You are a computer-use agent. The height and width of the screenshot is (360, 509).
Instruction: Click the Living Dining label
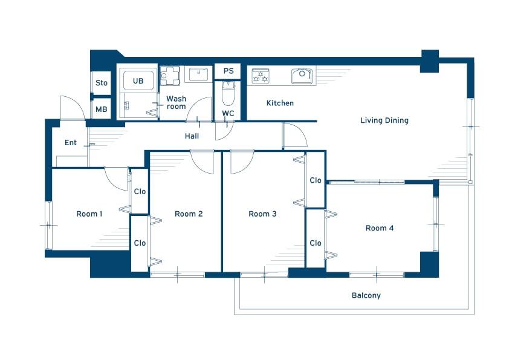pos(384,120)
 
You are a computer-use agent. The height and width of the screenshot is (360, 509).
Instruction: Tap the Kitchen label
pos(280,103)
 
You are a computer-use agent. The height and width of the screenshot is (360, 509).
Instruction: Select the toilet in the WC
pos(228,93)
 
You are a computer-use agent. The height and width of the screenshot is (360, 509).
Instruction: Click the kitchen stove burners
pos(261,76)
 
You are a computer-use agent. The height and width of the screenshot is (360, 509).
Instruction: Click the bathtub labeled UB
pos(138,80)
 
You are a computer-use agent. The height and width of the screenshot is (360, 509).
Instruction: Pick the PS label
pos(229,71)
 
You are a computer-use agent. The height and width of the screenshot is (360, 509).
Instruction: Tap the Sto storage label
pos(102,83)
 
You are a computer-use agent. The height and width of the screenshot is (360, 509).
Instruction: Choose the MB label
pos(102,110)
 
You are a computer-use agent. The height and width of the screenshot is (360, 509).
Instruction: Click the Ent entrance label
pos(71,143)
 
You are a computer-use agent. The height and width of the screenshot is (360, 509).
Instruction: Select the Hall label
pos(192,136)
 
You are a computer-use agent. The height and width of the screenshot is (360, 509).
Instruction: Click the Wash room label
pos(177,102)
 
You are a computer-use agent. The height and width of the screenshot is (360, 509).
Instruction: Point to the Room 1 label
pos(89,214)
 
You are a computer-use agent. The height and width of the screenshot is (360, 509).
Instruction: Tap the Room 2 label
pos(189,214)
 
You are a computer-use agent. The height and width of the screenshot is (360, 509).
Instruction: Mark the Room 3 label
pos(262,214)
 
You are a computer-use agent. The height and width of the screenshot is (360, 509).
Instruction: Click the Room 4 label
pos(380,228)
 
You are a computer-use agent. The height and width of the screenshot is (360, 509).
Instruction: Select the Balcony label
pos(366,295)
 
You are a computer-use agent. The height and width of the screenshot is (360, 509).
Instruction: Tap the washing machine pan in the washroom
pos(170,76)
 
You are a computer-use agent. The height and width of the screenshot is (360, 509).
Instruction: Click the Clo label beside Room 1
pos(140,191)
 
